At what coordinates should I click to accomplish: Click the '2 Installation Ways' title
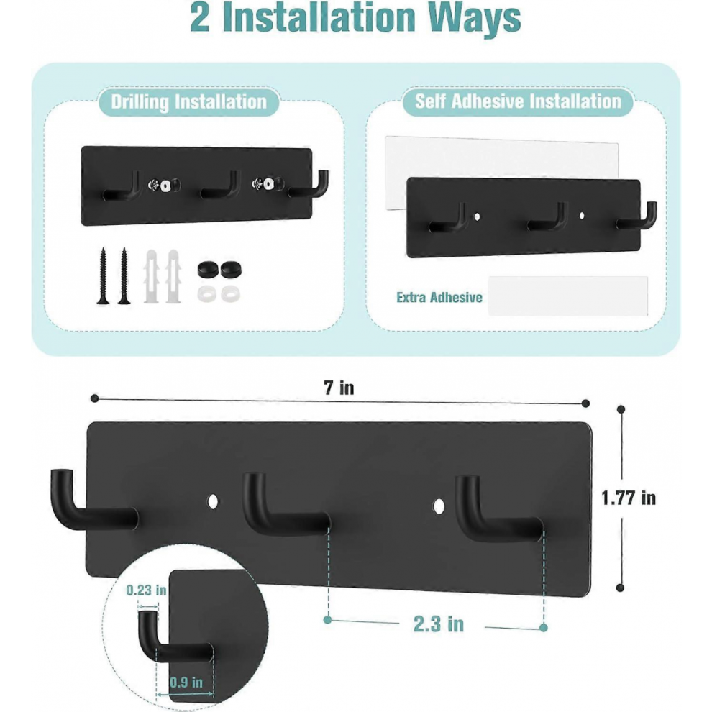pos(355,17)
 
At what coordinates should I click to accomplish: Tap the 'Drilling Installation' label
pos(189,101)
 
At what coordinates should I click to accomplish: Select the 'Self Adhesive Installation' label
pos(518,101)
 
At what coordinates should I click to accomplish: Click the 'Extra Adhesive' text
pos(439,298)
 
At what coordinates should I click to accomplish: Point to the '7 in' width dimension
pos(339,388)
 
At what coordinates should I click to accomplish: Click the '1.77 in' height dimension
pos(629,498)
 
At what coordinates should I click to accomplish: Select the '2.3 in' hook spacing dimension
pos(439,624)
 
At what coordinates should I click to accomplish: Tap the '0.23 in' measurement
pos(146,590)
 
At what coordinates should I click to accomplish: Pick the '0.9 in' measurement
pos(186,683)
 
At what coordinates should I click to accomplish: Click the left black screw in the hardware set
pos(103,276)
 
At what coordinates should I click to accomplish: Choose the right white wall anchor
pos(173,276)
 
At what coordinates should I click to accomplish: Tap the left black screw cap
pos(208,270)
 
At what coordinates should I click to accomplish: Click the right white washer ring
pos(231,294)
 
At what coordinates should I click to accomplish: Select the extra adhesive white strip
pos(568,296)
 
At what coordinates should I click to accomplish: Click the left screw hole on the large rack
pos(212,502)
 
